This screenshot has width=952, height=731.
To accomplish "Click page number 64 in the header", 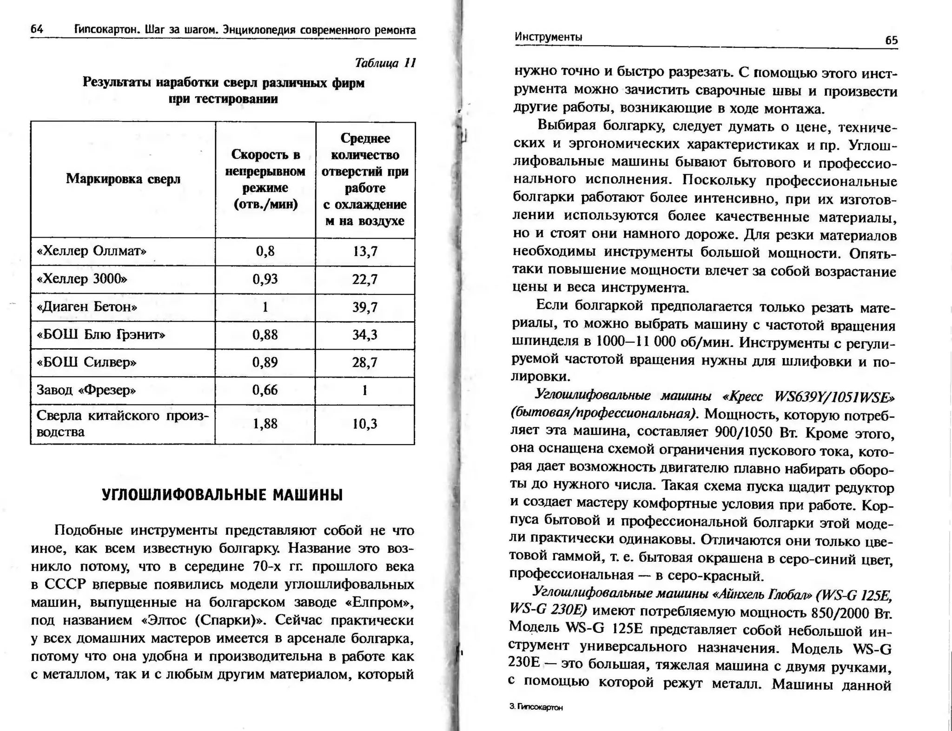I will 37,29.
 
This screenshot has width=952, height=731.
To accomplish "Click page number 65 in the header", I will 891,40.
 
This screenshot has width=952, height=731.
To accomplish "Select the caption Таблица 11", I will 385,63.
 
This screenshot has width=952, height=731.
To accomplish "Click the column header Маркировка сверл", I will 123,179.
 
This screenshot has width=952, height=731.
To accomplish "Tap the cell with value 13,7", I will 365,252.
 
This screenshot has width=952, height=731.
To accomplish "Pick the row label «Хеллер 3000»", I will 82,279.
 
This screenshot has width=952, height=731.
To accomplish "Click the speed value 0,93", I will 265,279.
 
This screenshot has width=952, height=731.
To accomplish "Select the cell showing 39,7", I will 365,307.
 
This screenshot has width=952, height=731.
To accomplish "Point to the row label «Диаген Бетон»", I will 87,307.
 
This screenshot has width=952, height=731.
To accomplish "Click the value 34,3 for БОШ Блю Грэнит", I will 365,335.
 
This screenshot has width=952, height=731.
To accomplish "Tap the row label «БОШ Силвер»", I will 86,362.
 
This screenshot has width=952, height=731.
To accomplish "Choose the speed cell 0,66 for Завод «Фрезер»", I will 265,390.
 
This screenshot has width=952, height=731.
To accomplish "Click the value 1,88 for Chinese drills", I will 265,424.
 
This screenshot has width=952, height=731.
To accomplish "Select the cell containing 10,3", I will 365,424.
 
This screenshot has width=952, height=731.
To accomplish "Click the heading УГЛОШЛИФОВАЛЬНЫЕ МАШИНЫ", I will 222,495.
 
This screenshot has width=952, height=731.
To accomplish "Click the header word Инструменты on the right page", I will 548,37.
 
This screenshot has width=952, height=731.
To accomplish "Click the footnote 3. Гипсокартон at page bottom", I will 536,707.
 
